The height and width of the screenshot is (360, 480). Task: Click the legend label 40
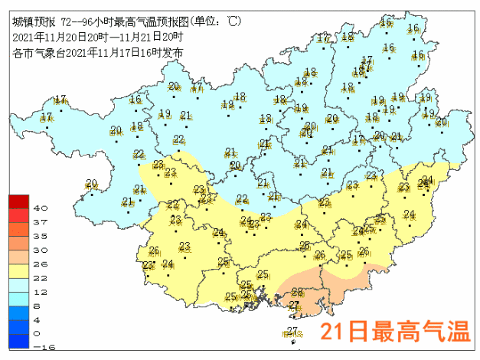click(x=41, y=208)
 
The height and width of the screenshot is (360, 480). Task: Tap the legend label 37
click(x=41, y=222)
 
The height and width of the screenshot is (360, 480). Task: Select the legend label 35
click(x=41, y=236)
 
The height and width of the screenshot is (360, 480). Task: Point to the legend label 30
click(x=41, y=250)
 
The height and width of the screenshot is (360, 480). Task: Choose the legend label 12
click(x=41, y=292)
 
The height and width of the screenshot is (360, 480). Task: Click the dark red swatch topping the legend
click(x=18, y=202)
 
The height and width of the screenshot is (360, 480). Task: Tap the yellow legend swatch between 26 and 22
click(x=18, y=270)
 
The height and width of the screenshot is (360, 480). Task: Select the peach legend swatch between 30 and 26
click(x=18, y=257)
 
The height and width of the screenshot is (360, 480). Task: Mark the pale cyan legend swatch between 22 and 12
click(x=18, y=285)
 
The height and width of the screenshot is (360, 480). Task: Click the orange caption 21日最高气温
click(x=393, y=332)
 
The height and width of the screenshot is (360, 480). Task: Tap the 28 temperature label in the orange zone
click(x=298, y=293)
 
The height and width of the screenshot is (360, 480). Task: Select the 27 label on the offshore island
click(x=292, y=331)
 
